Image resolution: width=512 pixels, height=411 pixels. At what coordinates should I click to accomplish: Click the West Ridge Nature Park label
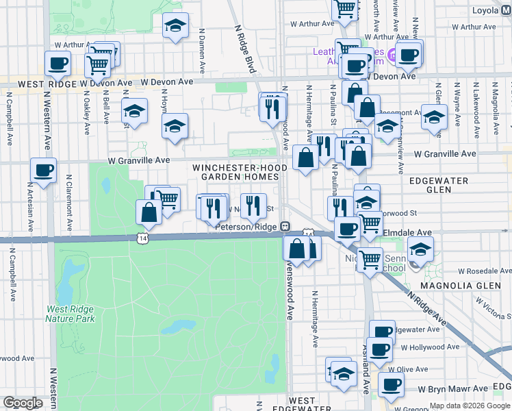[x=70, y=314]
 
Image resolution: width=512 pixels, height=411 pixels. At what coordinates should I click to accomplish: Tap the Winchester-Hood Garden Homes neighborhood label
[x=236, y=172]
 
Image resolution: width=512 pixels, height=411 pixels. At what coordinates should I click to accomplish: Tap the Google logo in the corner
[x=23, y=403]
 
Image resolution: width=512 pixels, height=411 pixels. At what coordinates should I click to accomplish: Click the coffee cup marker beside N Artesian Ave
[x=42, y=171]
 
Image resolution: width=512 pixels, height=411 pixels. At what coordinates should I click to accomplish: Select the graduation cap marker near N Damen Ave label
[x=176, y=27]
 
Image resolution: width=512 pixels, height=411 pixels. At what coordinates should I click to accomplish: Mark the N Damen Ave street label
[x=203, y=51]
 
